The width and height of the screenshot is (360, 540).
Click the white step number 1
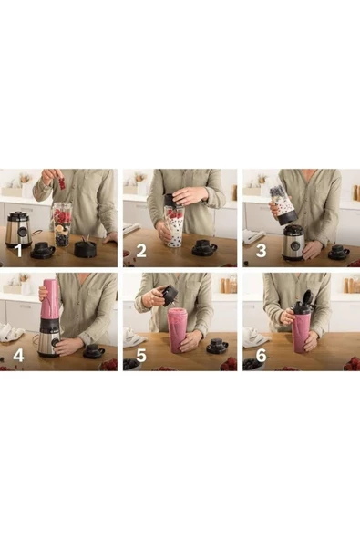[19, 250]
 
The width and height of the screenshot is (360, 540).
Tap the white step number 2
[141, 250]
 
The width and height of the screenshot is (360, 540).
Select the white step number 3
[262, 250]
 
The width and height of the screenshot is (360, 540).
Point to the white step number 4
[18, 355]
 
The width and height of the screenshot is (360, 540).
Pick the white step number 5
[141, 355]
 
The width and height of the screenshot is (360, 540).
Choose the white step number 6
[262, 355]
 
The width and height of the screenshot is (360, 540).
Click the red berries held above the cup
[62, 182]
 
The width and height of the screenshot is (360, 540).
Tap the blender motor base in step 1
[19, 228]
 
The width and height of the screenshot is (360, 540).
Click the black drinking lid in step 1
[42, 250]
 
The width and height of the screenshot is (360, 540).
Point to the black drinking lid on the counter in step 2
[204, 247]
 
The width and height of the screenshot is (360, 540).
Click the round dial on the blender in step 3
[295, 244]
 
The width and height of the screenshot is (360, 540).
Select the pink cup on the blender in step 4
[51, 300]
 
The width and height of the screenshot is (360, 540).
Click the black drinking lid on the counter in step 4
[94, 351]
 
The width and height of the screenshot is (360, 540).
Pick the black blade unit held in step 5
[170, 296]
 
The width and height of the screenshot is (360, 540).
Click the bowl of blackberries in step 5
[131, 364]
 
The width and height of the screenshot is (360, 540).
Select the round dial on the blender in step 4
[55, 342]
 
